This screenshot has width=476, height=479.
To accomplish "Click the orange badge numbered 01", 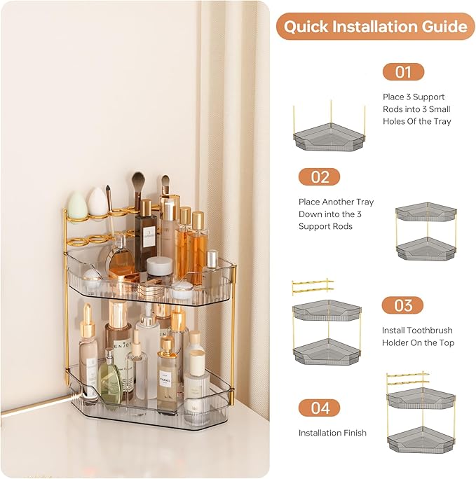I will click(x=403, y=72).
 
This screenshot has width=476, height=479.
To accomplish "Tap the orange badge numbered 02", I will click(x=319, y=177).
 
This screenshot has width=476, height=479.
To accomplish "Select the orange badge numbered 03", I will click(x=402, y=305).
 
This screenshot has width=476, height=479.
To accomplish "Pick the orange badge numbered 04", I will click(x=319, y=408).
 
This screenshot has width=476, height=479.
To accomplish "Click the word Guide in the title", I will click(x=441, y=27).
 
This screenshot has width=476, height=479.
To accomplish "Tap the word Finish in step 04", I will click(x=353, y=433).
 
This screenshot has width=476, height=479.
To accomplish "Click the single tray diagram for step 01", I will click(x=329, y=133).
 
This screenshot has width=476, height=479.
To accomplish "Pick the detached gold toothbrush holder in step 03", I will click(x=313, y=286).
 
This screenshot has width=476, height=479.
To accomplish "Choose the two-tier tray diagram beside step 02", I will click(x=426, y=234).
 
